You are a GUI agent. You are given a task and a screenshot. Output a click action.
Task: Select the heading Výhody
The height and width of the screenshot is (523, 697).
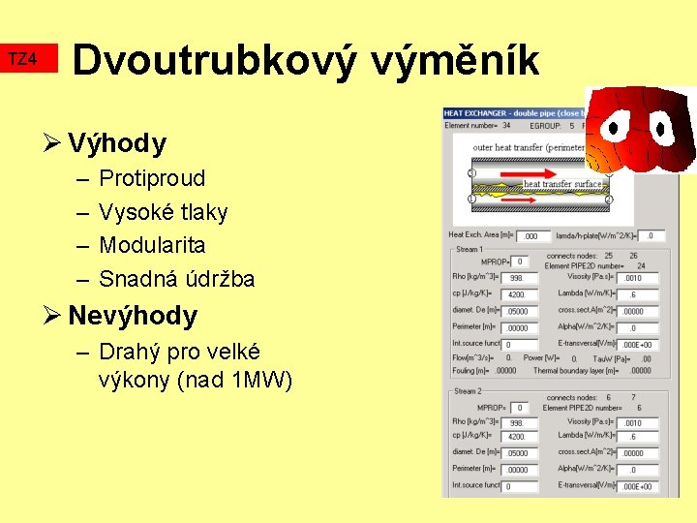(117, 144)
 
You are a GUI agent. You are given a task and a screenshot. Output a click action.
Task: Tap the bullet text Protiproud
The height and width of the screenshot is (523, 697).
(152, 178)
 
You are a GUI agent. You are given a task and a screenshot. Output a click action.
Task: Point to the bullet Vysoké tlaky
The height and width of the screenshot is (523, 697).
(163, 212)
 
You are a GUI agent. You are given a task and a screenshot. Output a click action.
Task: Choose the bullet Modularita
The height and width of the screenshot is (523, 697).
(152, 245)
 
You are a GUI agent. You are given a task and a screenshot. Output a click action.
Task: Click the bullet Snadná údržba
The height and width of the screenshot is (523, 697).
(176, 279)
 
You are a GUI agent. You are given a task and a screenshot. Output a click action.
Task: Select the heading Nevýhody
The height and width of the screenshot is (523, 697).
(133, 316)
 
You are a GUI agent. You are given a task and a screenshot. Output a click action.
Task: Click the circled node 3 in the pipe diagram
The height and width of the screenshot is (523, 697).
(471, 172)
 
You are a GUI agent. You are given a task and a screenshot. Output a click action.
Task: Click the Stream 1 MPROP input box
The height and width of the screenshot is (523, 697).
(519, 261)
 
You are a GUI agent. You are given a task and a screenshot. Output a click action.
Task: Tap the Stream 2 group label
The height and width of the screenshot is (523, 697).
(467, 390)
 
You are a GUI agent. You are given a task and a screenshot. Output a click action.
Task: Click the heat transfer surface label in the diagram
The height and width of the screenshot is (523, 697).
(561, 184)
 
